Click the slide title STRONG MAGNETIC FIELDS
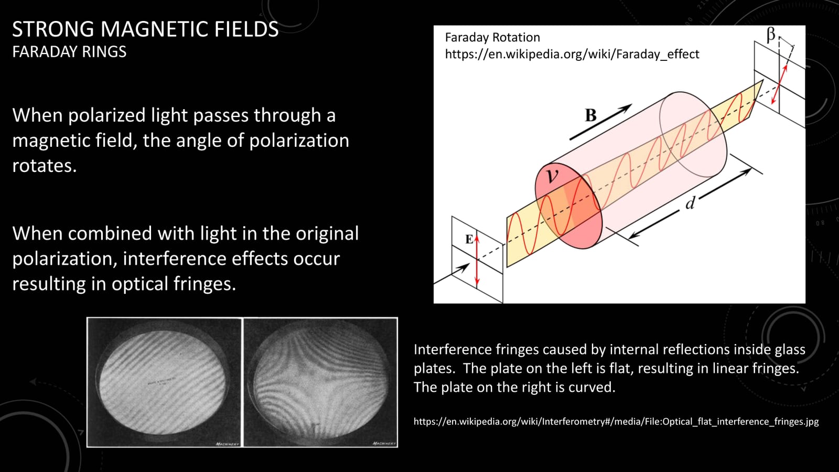[145, 29]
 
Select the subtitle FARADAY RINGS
[69, 52]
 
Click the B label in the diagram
[591, 115]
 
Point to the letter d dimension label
[691, 203]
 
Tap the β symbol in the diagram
[770, 35]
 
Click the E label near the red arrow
[469, 240]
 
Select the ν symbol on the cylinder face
[552, 176]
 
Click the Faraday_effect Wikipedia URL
[572, 54]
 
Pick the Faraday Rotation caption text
[492, 37]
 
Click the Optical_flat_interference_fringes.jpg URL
[616, 421]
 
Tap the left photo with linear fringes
[164, 382]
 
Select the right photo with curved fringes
[320, 382]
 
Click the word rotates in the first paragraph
[44, 166]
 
